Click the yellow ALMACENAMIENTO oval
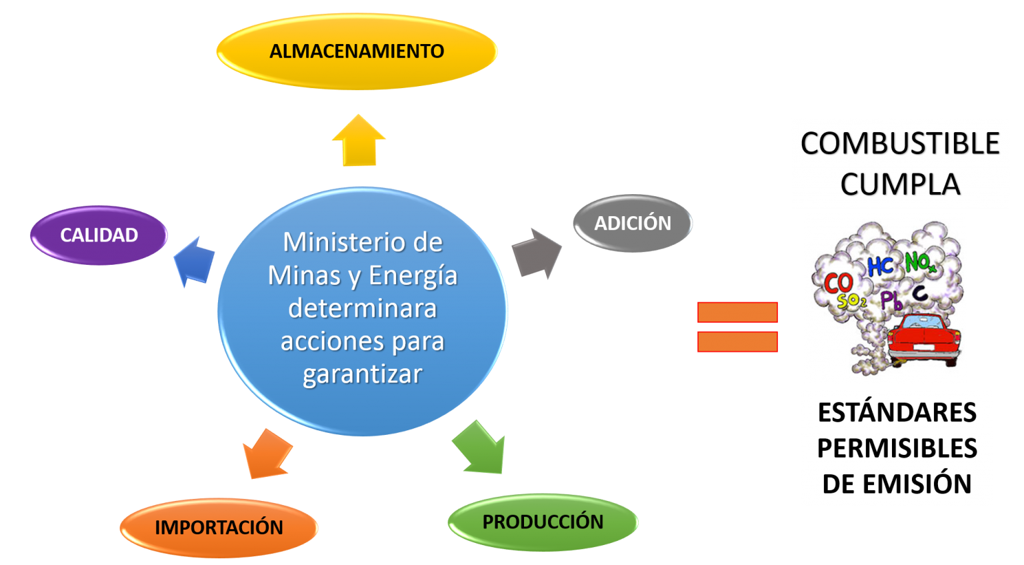click(x=357, y=51)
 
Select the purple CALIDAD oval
click(x=99, y=235)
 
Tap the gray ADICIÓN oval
click(x=633, y=223)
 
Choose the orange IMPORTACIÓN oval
click(x=219, y=528)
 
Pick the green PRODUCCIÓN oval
click(x=543, y=522)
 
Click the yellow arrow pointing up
click(x=359, y=141)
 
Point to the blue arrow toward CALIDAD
click(x=194, y=261)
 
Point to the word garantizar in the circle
click(x=363, y=374)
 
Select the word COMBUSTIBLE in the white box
click(x=900, y=144)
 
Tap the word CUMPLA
click(x=900, y=185)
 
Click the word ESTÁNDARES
click(x=897, y=413)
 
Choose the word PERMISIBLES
click(x=897, y=448)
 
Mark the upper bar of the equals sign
click(x=737, y=312)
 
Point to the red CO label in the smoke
click(x=837, y=283)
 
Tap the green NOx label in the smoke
click(x=920, y=263)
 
